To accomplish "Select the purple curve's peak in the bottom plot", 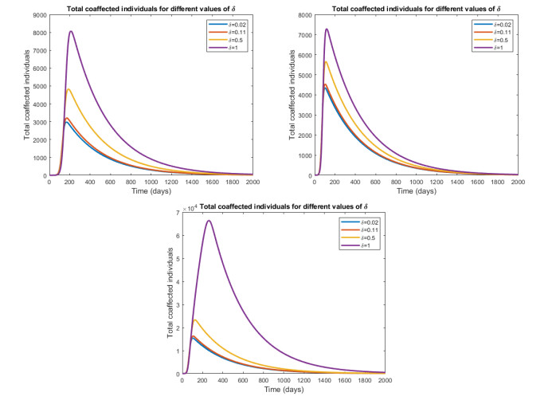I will [209, 220].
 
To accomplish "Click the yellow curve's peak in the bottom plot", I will [194, 320].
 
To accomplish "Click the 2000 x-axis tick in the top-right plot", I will [518, 181].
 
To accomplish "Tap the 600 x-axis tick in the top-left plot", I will [110, 181].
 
